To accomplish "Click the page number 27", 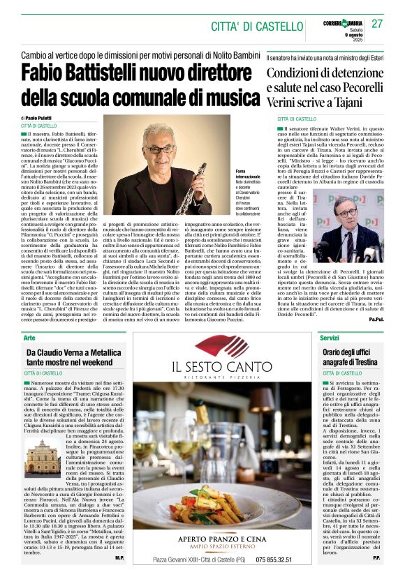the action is (377, 24).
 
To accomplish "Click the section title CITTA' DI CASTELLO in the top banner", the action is (256, 27).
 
